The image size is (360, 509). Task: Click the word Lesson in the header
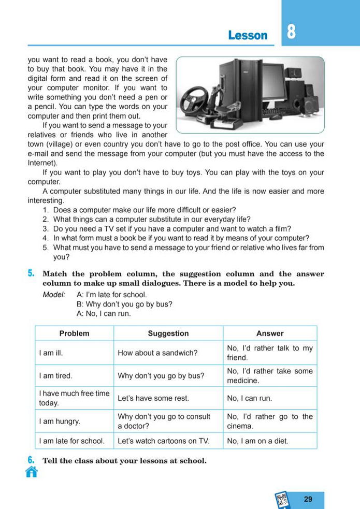(x=248, y=35)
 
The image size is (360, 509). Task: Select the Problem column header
(x=74, y=333)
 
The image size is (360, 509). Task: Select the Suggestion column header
(x=168, y=333)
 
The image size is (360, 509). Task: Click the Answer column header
(x=270, y=333)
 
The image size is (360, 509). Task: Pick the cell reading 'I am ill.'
(x=51, y=353)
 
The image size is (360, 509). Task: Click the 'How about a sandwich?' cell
(x=158, y=353)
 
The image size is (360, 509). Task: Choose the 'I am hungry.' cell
(x=60, y=421)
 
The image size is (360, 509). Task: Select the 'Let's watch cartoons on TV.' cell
(x=164, y=442)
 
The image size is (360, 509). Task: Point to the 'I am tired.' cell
(x=55, y=376)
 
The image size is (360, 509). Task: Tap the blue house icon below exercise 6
(x=32, y=472)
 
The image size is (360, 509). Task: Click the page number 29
(x=308, y=500)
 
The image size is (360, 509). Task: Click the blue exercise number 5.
(x=31, y=273)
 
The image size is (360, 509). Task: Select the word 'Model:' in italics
(x=54, y=294)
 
